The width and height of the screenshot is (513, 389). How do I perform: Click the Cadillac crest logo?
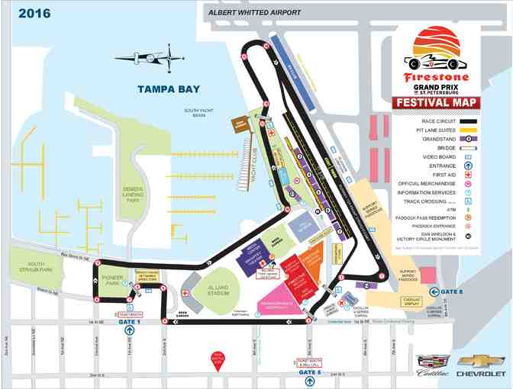click(x=425, y=361)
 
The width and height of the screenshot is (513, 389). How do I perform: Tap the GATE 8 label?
click(x=450, y=291)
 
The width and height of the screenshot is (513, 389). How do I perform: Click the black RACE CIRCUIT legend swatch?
click(x=463, y=121)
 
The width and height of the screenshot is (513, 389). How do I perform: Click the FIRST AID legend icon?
click(x=466, y=175)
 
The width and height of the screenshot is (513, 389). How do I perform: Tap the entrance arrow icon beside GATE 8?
click(x=434, y=291)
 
